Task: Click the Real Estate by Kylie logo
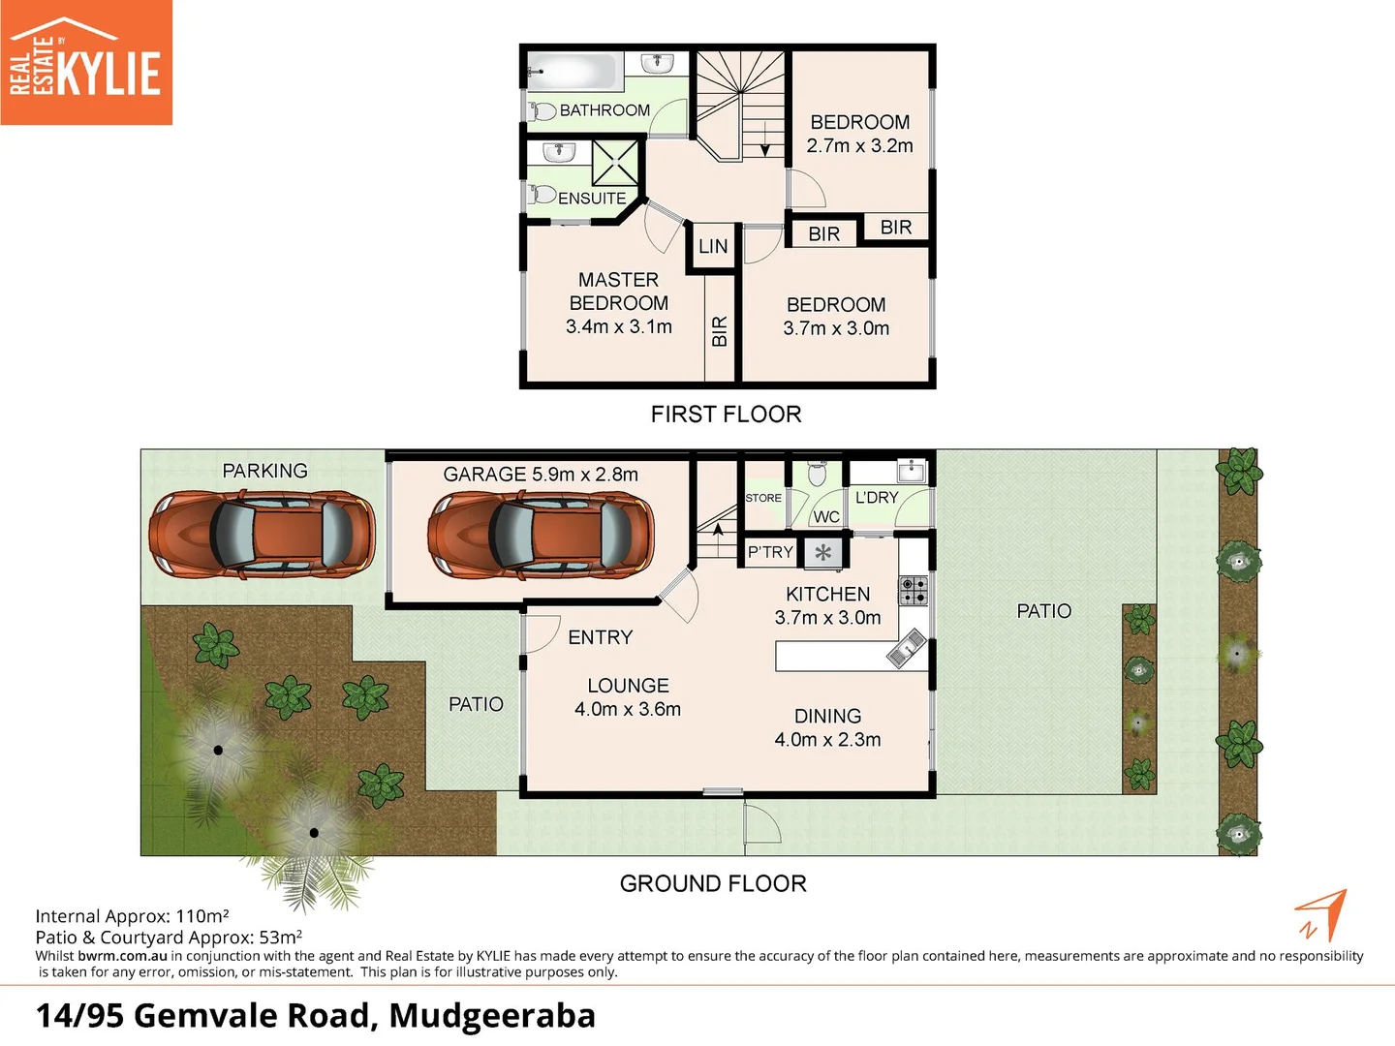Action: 86,63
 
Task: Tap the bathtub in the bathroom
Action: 572,72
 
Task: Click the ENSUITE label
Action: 592,199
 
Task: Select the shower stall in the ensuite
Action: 615,162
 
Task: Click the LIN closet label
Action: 713,247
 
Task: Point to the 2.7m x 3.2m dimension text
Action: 859,146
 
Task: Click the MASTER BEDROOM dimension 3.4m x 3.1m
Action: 618,327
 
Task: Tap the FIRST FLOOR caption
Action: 726,415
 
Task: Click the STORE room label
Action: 763,498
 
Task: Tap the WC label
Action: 826,517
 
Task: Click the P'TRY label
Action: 770,552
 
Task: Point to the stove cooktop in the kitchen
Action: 913,590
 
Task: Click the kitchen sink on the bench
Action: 907,649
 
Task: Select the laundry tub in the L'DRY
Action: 912,472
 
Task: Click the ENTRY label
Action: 600,637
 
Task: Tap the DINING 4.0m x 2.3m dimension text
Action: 827,740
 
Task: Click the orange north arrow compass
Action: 1321,914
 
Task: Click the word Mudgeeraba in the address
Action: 492,1015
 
